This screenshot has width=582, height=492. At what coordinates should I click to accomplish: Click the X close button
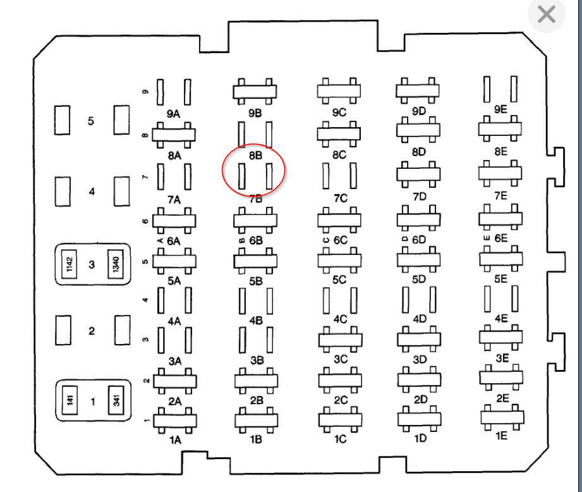(546, 14)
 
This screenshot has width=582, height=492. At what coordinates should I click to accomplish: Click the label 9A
(174, 114)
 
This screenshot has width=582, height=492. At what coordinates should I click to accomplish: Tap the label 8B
(255, 154)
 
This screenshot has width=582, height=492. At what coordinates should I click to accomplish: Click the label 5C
(341, 280)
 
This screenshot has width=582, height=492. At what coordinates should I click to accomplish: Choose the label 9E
(500, 109)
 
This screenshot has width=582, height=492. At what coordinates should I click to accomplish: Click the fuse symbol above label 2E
(501, 378)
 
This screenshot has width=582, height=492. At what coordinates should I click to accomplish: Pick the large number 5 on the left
(90, 121)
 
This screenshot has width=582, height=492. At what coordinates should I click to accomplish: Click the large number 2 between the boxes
(92, 331)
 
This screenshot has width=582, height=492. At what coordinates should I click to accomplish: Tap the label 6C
(341, 240)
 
